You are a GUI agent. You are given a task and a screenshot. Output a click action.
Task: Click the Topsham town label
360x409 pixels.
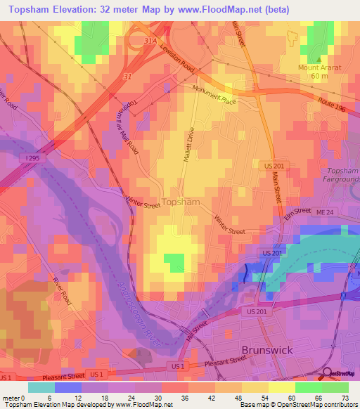181,202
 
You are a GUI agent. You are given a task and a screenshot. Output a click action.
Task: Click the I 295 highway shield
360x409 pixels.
32,159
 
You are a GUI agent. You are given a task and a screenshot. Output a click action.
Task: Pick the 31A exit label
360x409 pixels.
149,41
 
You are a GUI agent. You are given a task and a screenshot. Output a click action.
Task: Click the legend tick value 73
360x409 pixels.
345,398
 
